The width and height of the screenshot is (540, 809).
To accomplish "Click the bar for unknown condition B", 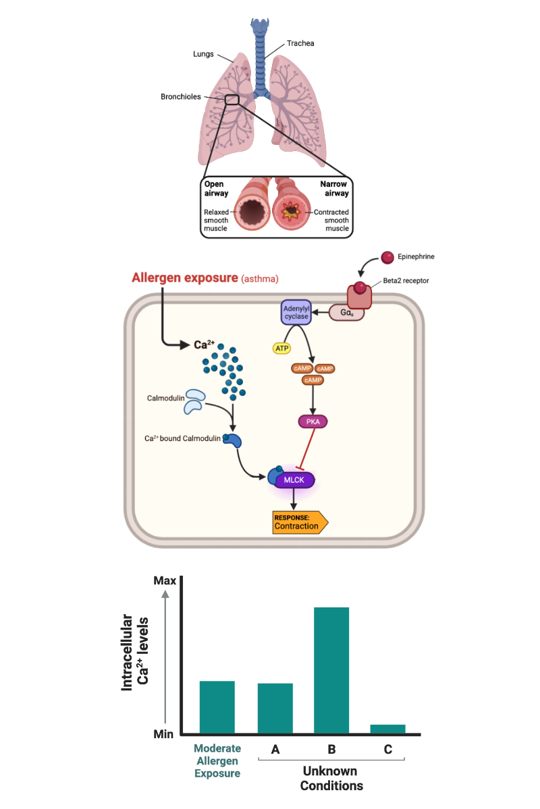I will (x=331, y=670).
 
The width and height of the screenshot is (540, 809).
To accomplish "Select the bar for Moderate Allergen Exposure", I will (x=217, y=707).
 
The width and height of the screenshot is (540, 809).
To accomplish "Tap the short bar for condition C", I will (x=388, y=729).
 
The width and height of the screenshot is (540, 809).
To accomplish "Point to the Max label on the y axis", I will (x=165, y=580).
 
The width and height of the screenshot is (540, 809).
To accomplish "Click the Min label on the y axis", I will (x=164, y=734).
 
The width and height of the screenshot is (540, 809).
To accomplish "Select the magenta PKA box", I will (x=313, y=422).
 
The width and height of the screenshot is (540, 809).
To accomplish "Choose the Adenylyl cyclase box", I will (x=295, y=313).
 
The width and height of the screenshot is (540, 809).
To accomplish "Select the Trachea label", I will (x=301, y=43).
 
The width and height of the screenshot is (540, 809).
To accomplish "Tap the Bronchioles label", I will (x=181, y=96).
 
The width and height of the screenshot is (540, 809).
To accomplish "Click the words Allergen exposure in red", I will (x=185, y=277).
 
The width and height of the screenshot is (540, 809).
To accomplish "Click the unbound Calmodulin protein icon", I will (x=194, y=400).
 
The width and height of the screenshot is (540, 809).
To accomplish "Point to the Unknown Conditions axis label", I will (x=331, y=778).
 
